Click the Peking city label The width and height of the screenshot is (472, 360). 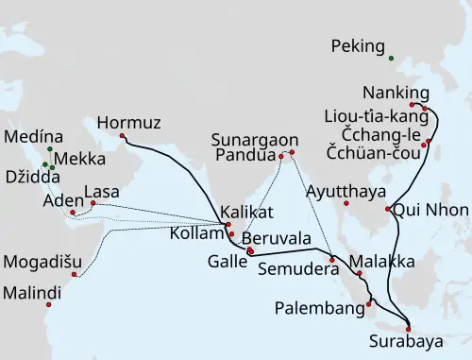pos(360,46)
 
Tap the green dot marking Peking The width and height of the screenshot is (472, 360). pos(392,58)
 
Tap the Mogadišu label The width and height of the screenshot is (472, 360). pos(40,261)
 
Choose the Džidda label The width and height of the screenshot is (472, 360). pos(31,176)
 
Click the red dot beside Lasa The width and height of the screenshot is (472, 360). pos(93,203)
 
